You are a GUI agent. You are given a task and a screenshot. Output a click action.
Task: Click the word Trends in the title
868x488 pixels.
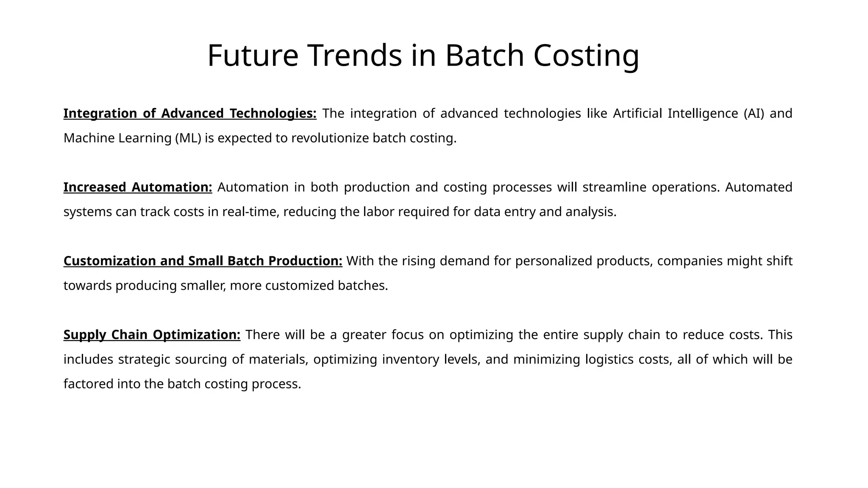[354, 55]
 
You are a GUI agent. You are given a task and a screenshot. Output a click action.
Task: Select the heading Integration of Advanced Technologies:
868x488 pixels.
[190, 114]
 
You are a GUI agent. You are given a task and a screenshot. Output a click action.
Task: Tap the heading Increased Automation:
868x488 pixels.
[138, 187]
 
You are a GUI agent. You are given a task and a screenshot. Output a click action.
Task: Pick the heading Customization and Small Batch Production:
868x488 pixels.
[203, 261]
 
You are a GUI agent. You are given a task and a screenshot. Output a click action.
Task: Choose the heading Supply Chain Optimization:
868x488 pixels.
[152, 335]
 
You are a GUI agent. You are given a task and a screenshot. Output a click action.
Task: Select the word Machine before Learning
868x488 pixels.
[89, 138]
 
